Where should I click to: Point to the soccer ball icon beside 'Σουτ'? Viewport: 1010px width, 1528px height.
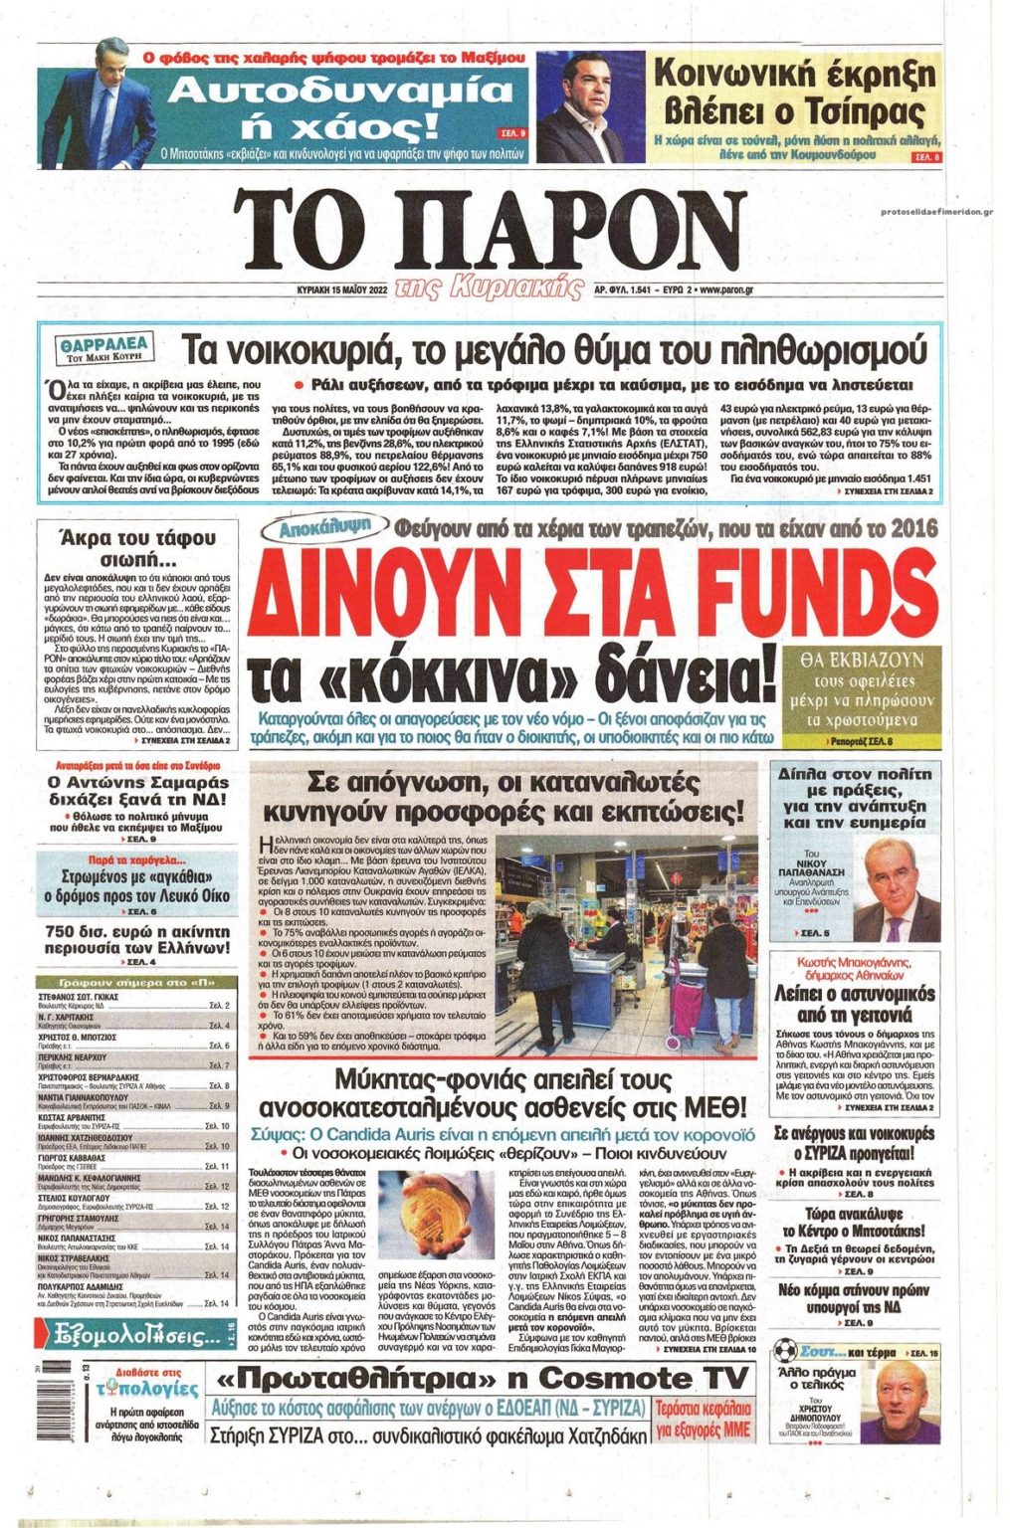[786, 1352]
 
